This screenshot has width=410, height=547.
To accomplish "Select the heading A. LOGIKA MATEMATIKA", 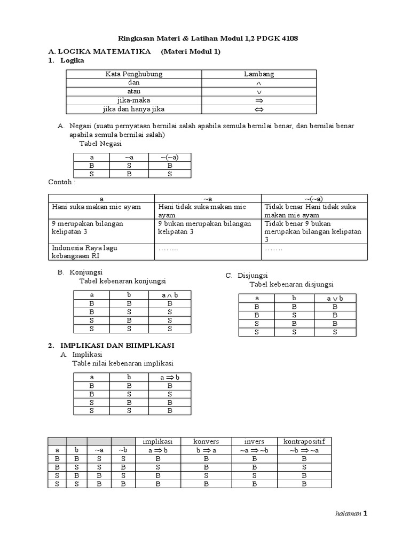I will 98,51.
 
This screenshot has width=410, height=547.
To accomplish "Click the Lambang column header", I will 259,74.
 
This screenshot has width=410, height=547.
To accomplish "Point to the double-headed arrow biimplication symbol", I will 259,110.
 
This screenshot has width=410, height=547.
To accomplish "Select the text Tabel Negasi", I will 100,144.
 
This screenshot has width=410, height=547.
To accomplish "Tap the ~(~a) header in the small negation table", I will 170,157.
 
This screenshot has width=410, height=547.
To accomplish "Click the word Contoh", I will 62,182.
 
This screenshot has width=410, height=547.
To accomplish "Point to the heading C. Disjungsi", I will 247,275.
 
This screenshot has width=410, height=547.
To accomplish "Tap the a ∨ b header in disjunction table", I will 334,298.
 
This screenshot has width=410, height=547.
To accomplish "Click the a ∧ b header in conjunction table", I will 170,295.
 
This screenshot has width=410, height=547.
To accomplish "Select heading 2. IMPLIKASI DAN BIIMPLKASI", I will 112,346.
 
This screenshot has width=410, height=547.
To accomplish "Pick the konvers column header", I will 206,441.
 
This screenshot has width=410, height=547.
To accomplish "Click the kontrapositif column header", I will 304,441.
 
